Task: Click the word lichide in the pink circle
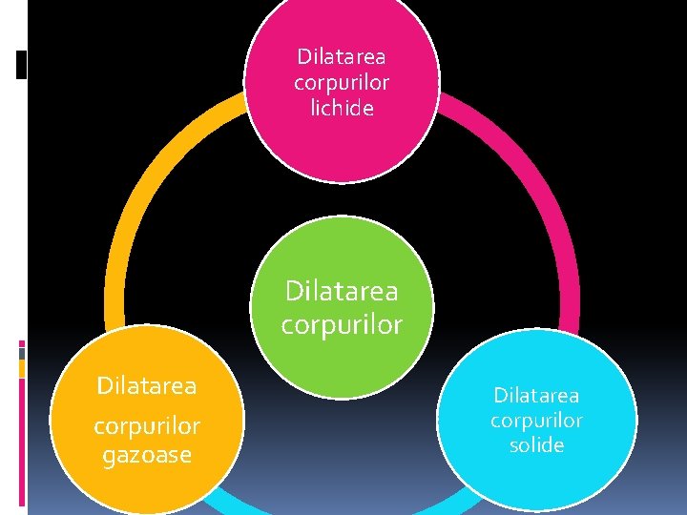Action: pyautogui.click(x=342, y=109)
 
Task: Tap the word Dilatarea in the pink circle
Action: pyautogui.click(x=342, y=56)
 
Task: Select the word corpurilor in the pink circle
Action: pyautogui.click(x=342, y=83)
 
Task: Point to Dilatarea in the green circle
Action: pyautogui.click(x=342, y=289)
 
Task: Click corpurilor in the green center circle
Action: pyautogui.click(x=342, y=324)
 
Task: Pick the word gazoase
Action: pyautogui.click(x=147, y=456)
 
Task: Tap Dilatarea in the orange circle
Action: pyautogui.click(x=147, y=386)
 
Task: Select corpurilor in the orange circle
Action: pyautogui.click(x=147, y=425)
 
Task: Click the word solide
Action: pyautogui.click(x=536, y=445)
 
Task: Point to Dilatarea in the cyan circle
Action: pyautogui.click(x=536, y=395)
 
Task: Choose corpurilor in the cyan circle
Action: pyautogui.click(x=536, y=420)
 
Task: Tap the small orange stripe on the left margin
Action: pyautogui.click(x=22, y=368)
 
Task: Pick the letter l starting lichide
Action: pyautogui.click(x=313, y=109)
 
